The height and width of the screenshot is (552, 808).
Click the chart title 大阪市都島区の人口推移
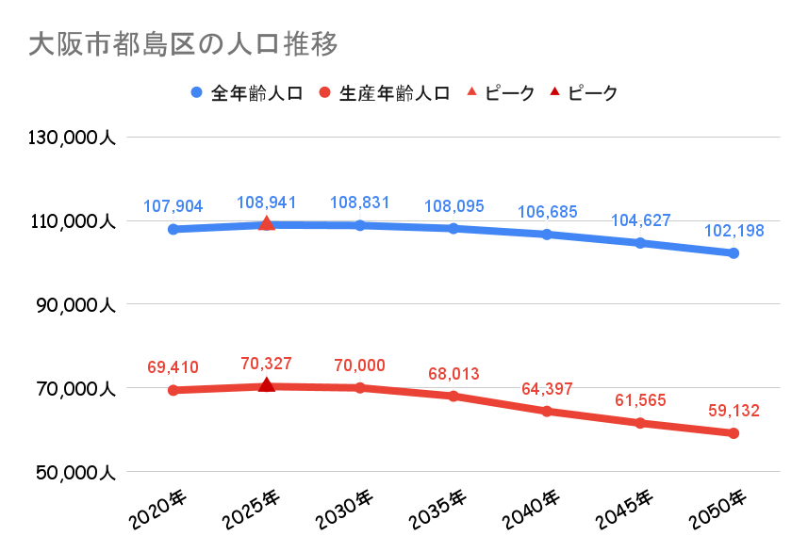point(184,44)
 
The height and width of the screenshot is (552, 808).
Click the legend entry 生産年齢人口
point(394,93)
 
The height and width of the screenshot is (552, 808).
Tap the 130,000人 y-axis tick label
point(72,138)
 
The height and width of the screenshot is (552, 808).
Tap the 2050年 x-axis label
point(717,509)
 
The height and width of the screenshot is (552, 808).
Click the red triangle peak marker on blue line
point(267,223)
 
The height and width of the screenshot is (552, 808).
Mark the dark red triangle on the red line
point(267,384)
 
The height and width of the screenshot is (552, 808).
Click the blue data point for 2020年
point(173,229)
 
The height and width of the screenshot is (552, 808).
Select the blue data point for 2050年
point(734,253)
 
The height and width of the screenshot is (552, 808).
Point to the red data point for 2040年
point(547,411)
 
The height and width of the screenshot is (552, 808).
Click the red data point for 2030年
point(360,387)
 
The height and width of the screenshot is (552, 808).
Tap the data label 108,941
point(267,203)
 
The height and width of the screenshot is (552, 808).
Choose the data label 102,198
point(734,231)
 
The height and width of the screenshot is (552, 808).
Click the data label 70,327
point(267,364)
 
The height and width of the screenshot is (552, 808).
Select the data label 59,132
point(734,411)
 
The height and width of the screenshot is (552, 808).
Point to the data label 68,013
point(453,374)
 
